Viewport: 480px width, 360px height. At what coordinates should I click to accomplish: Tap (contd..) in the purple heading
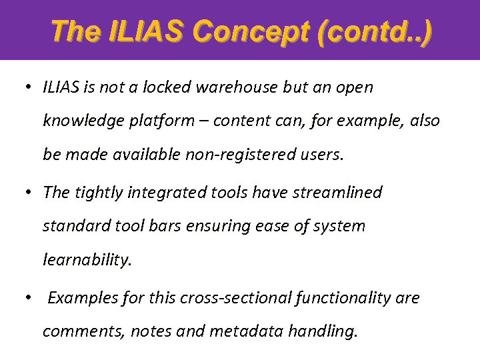(377, 31)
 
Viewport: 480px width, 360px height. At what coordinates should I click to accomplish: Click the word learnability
(88, 261)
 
